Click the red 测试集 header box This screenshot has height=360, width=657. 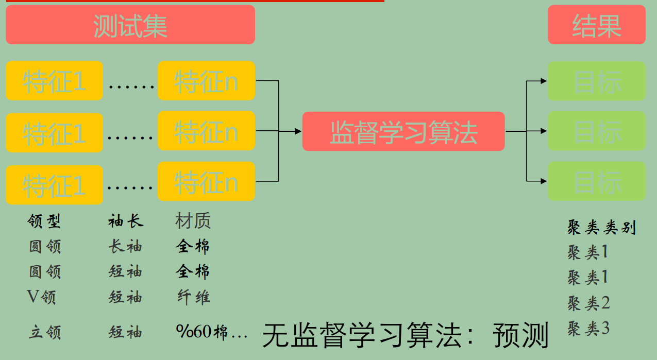(130, 25)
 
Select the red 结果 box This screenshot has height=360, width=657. (596, 25)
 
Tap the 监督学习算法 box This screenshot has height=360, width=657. (403, 131)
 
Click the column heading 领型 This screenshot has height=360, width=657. (44, 221)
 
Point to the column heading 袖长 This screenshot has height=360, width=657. (125, 221)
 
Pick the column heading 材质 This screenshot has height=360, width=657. (193, 221)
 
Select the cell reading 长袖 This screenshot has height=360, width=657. (125, 247)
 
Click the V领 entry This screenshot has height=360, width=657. (41, 297)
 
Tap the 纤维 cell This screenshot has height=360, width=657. (193, 297)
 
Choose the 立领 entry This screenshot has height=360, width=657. (44, 332)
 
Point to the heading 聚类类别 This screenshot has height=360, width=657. (601, 227)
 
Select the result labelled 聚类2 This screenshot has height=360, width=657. (588, 303)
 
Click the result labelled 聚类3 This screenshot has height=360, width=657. (588, 328)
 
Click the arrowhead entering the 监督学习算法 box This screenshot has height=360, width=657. (298, 131)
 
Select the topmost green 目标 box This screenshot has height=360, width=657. (596, 81)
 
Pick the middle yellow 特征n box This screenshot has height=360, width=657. (206, 131)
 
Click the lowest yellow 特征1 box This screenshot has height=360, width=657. (54, 185)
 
